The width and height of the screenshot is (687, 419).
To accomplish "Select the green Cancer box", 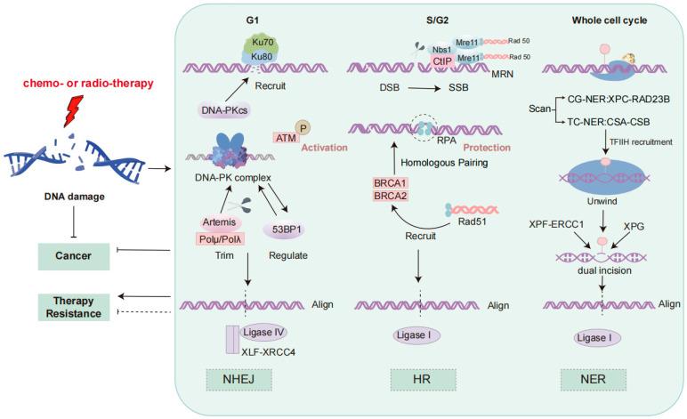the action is click(x=74, y=256).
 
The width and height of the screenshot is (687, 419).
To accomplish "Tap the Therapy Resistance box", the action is click(x=74, y=307).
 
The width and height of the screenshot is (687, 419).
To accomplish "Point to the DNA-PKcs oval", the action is click(x=224, y=110).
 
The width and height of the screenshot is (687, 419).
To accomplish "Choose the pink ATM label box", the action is click(x=286, y=138).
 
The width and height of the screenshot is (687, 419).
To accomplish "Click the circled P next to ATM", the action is click(x=303, y=128).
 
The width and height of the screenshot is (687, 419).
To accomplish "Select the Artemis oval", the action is click(x=219, y=222).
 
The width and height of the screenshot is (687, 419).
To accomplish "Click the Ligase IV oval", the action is click(x=263, y=333).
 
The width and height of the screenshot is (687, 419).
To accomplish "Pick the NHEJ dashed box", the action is click(x=238, y=379).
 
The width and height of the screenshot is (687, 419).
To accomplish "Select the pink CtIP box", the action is click(x=442, y=61).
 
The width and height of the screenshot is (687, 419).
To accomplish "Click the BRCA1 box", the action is click(x=390, y=183).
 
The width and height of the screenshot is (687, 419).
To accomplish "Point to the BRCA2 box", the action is click(x=390, y=196).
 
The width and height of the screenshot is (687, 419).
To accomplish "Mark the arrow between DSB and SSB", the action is click(x=424, y=88).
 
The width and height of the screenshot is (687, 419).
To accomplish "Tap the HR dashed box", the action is click(x=423, y=379).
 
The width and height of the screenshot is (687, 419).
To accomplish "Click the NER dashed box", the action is click(x=594, y=379).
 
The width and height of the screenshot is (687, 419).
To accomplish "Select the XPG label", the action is click(x=634, y=226).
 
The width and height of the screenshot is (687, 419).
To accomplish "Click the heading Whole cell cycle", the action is click(x=610, y=20).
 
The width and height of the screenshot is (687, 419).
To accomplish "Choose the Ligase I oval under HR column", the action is click(x=415, y=335).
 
